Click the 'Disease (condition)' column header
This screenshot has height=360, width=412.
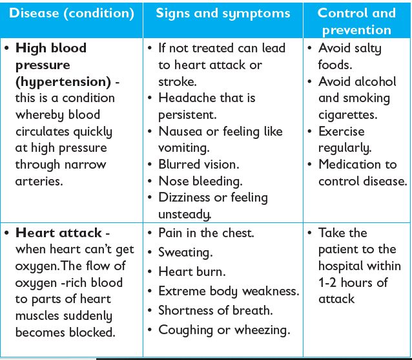coord(72,14)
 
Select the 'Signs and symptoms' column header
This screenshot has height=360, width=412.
coord(223,14)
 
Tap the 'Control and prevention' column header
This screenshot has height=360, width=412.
coord(356,21)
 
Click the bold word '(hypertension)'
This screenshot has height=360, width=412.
coord(63,82)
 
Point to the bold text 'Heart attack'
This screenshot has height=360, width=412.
coord(58,233)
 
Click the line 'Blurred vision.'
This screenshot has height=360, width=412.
coord(199,165)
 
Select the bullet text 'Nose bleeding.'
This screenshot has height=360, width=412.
coord(200,182)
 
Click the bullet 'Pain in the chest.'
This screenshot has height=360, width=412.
coord(206,233)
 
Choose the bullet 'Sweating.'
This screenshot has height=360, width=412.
coord(185,253)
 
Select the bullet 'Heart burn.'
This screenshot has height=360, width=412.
coord(192,271)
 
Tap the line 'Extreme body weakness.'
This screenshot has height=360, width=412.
coord(229,291)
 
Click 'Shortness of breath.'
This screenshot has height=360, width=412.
coord(216,311)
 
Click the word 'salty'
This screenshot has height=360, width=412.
coord(367,48)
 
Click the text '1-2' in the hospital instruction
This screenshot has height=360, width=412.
coord(327,283)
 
